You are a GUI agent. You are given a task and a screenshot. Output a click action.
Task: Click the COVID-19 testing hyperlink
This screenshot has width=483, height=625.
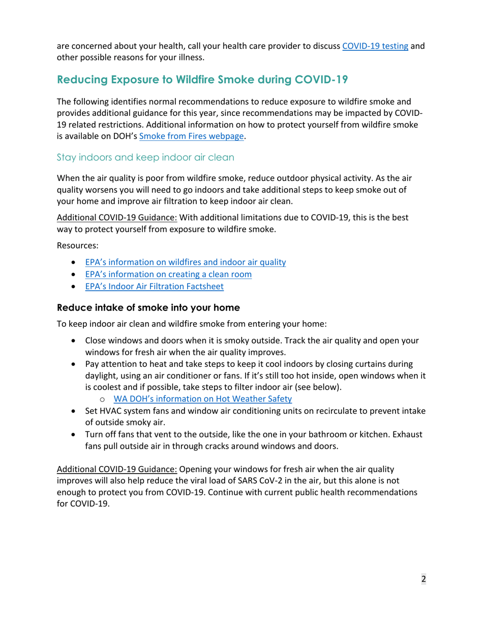pos(375,46)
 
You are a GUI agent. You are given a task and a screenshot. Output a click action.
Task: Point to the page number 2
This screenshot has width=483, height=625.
pos(423,579)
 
